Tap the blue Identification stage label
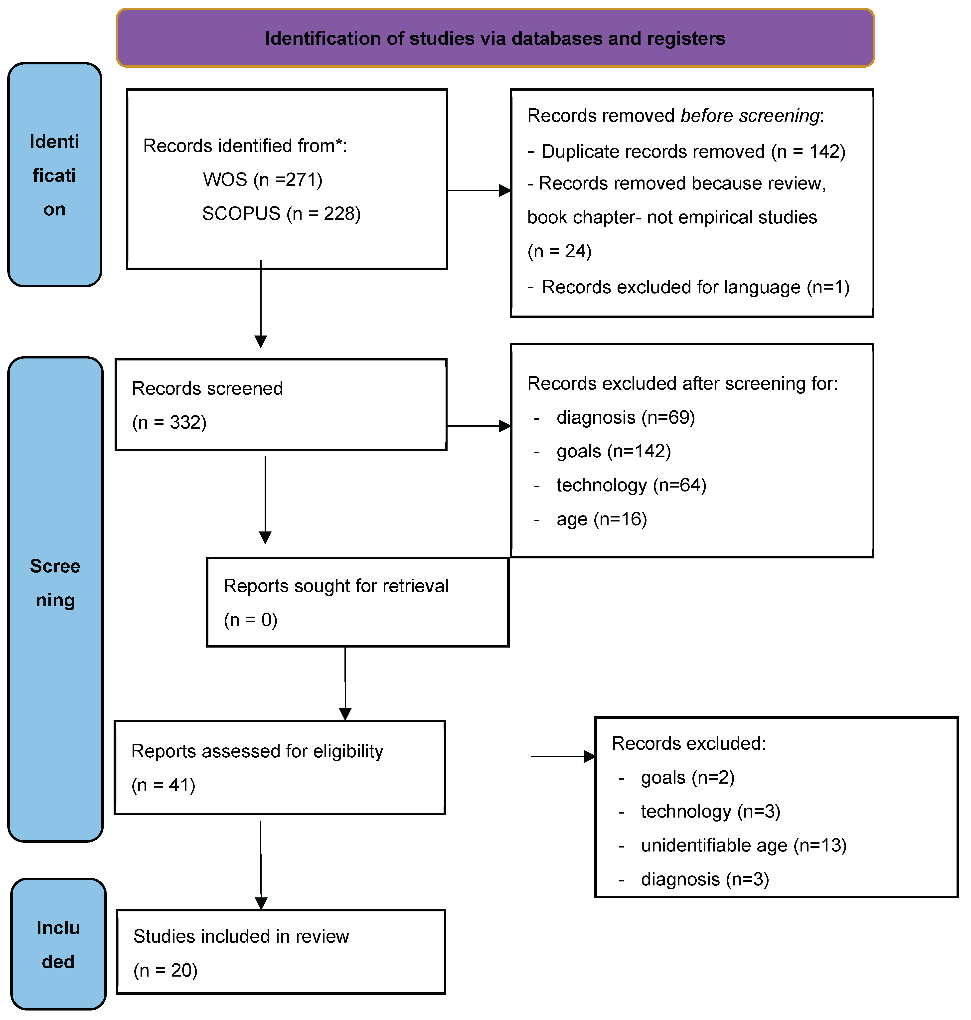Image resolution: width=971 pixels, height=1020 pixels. (54, 175)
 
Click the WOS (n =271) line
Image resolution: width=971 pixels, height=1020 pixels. (262, 179)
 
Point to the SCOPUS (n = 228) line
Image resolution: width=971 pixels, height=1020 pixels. (281, 213)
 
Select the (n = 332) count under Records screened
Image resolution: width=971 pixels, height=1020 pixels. (169, 422)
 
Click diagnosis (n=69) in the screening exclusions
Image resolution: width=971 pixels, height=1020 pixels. (625, 417)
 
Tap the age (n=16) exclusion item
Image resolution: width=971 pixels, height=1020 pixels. (601, 519)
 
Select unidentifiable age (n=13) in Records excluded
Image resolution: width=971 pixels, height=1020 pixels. (743, 845)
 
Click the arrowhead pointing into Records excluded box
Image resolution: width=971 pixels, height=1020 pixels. (589, 757)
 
